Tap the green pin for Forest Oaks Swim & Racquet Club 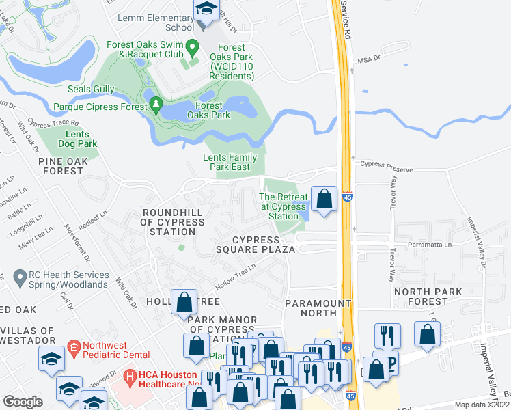tap(193, 48)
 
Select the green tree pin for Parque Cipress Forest tap(156, 106)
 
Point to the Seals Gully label tap(92, 88)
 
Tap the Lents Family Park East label tap(230, 162)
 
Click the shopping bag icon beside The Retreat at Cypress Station tap(324, 200)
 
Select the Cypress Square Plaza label tap(263, 245)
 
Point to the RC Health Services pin tap(20, 278)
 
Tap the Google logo tap(22, 402)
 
